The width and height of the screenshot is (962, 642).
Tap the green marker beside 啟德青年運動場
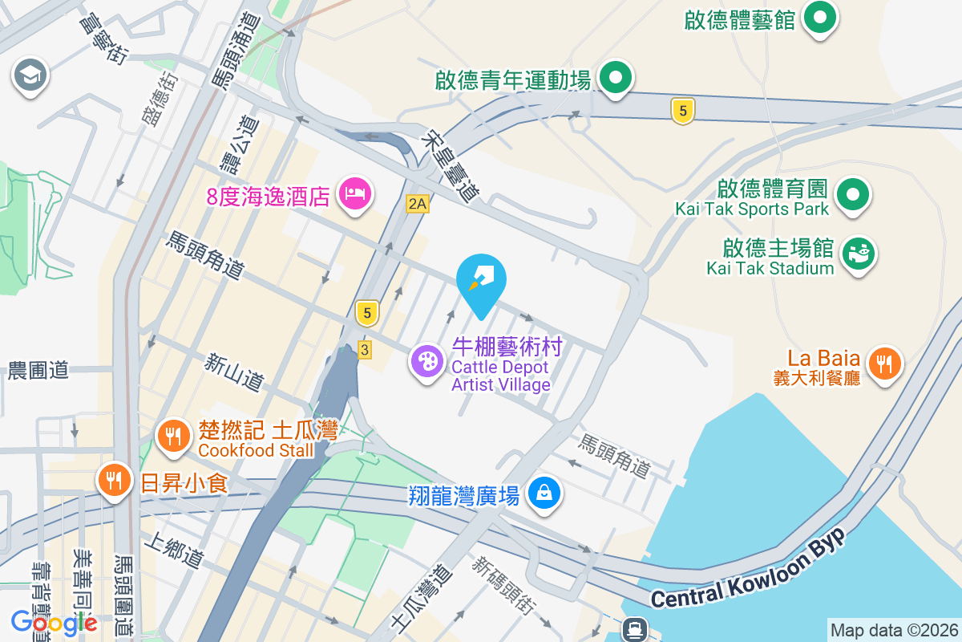[616, 78]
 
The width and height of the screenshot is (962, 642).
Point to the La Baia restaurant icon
[884, 364]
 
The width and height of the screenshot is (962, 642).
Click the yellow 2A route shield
[418, 204]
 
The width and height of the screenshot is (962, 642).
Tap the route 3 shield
[365, 350]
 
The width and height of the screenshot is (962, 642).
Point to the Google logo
[54, 622]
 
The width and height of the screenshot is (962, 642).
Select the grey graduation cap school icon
[31, 76]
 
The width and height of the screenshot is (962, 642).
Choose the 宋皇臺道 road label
[449, 168]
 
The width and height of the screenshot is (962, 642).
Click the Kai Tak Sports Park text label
[751, 209]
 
